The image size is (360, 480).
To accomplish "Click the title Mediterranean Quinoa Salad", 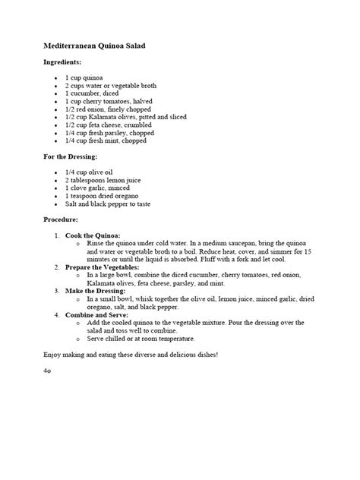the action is coord(93,46).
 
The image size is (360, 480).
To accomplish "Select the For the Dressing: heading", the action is coord(70,156).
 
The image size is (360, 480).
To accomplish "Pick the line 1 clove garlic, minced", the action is coord(96,188).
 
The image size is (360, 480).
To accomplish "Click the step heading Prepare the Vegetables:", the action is coord(103,267).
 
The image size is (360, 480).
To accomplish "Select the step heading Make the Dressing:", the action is coord(96,291).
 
